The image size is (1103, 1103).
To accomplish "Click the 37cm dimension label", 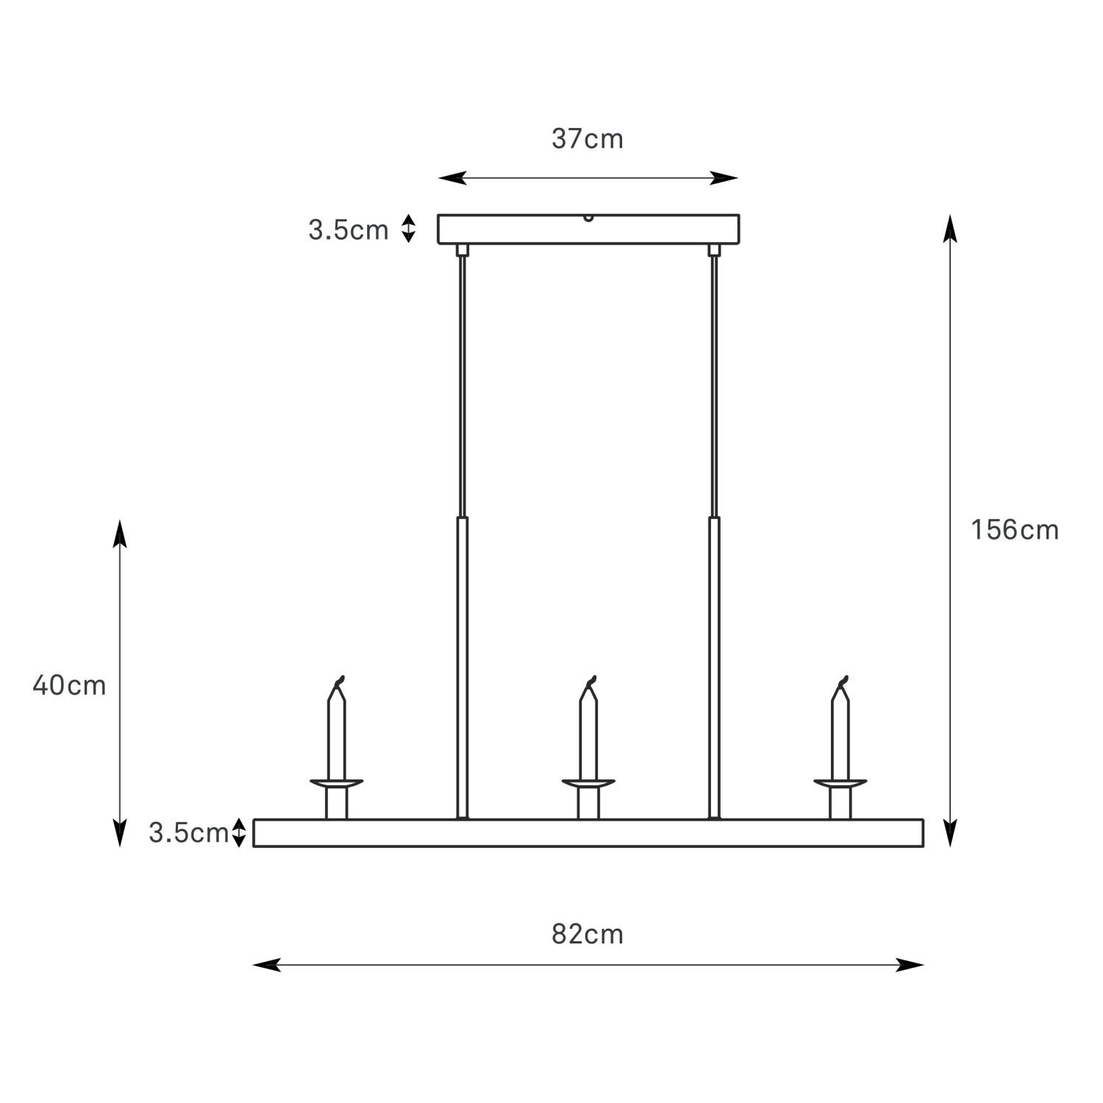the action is (x=588, y=138).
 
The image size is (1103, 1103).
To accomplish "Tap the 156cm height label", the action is (x=1015, y=529).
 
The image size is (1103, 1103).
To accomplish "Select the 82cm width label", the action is (x=588, y=934).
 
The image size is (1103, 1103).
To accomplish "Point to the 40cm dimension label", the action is (x=69, y=685).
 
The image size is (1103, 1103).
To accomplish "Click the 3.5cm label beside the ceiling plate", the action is (x=348, y=230).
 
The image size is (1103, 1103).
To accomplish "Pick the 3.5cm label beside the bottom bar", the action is (x=189, y=833).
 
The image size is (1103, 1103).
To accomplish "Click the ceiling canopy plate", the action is (x=588, y=229).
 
